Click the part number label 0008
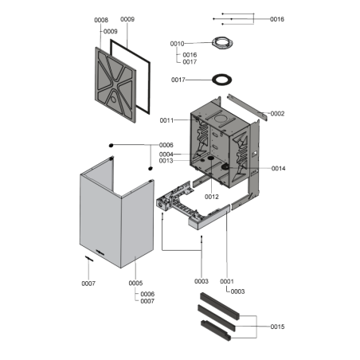point(101,19)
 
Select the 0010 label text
point(178,43)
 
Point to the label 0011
point(166,120)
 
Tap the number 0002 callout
point(277,114)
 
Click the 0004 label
point(166,154)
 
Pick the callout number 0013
point(166,161)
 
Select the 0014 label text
point(278,169)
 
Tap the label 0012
point(211,196)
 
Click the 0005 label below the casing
point(135,283)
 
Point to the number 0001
point(227,281)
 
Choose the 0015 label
point(277,327)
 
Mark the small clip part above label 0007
point(89,259)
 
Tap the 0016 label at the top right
point(277,19)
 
